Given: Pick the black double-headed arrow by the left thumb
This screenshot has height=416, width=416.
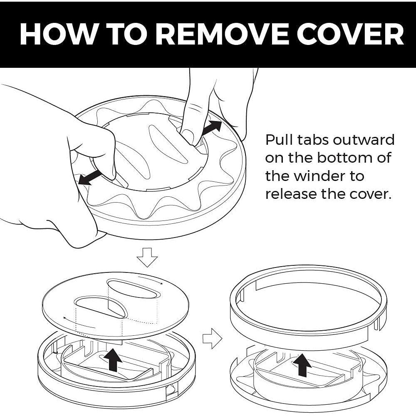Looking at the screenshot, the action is coord(90,177).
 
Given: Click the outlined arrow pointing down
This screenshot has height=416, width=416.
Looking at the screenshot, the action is coord(147,258).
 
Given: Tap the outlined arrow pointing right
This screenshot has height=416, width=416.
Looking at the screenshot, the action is coord(212,339).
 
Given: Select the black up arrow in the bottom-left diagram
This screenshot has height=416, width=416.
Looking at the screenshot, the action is coord(113,360).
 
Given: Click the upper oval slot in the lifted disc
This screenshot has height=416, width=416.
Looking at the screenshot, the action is coord(134,289).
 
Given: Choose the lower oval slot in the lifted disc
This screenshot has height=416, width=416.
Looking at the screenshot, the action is coord(100,307).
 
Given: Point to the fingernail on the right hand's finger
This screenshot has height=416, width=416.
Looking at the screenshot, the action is coord(188,136).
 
